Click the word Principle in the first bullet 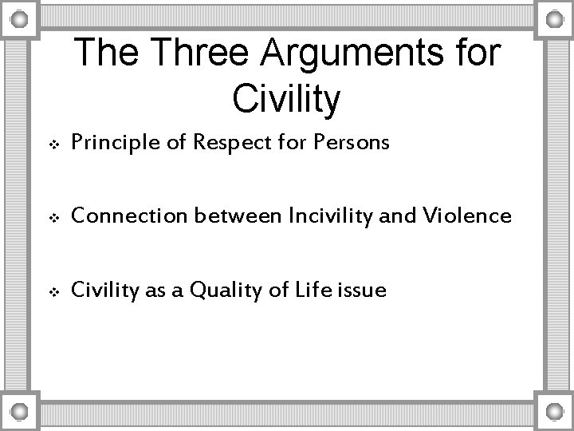pos(109,144)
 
